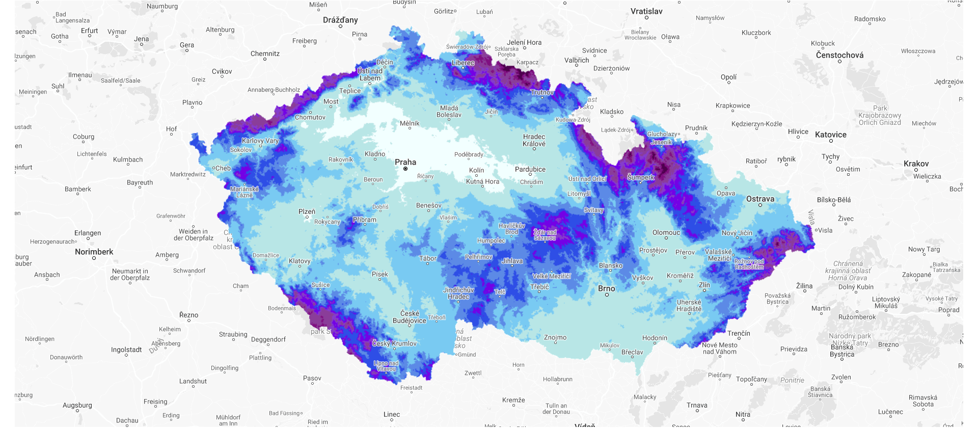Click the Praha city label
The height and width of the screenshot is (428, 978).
point(405,162)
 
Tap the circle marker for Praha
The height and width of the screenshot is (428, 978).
point(405,169)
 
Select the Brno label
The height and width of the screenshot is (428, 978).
point(606,288)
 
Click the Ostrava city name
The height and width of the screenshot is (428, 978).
point(760,199)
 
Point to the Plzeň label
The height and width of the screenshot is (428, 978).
point(307,211)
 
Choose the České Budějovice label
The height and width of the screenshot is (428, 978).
point(410,317)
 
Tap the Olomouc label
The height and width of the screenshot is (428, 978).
point(666,232)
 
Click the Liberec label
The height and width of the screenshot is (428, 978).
point(463,63)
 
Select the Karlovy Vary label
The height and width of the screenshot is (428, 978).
point(260,141)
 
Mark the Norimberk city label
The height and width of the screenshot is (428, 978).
point(94,252)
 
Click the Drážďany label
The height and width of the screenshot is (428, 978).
point(340,20)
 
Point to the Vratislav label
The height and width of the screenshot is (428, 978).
point(646,11)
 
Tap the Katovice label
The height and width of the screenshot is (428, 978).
point(830,135)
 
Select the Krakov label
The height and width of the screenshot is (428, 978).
point(916,164)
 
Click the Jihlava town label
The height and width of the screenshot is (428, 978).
point(512,261)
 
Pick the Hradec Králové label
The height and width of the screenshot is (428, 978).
point(534,140)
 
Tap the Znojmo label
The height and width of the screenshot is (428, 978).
point(555,337)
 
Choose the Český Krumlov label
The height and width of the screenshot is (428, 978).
point(394,343)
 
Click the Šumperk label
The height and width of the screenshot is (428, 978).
point(641,177)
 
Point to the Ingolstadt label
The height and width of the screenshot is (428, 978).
point(126,350)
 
